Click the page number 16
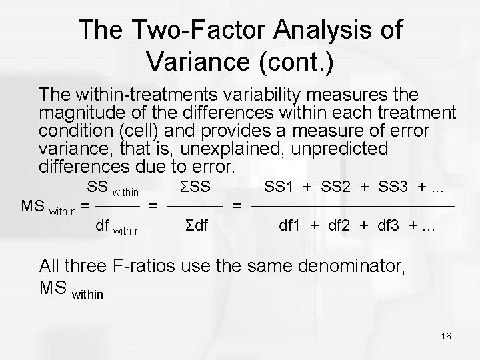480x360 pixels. click(446, 337)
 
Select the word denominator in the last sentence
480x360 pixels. click(349, 268)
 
